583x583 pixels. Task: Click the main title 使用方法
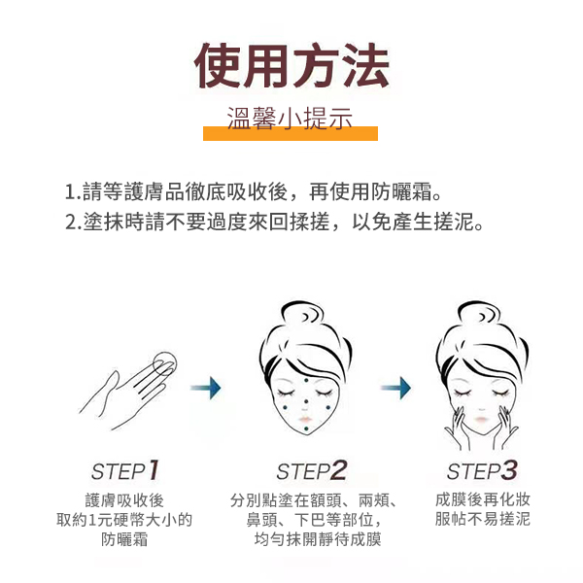pos(291,66)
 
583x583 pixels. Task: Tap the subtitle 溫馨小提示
pos(290,119)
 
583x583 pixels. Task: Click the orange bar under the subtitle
pos(291,133)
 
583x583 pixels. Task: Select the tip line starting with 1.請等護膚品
pos(254,191)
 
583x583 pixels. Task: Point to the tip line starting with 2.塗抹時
pos(274,222)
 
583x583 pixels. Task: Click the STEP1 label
pos(125,470)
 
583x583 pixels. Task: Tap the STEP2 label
pos(312,470)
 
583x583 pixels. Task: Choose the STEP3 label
pos(482,470)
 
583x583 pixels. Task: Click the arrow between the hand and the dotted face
pos(206,388)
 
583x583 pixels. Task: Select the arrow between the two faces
pos(396,388)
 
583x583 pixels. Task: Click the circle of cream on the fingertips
pos(165,362)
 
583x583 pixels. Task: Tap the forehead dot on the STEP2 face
pos(306,380)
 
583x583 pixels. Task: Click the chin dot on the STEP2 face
pos(306,429)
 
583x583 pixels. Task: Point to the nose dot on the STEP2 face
pos(306,401)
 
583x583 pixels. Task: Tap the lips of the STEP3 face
pos(481,420)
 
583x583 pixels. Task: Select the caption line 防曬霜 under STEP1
pos(124,539)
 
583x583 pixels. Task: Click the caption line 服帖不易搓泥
pos(483,519)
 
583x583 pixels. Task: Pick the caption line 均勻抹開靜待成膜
pos(318,539)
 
